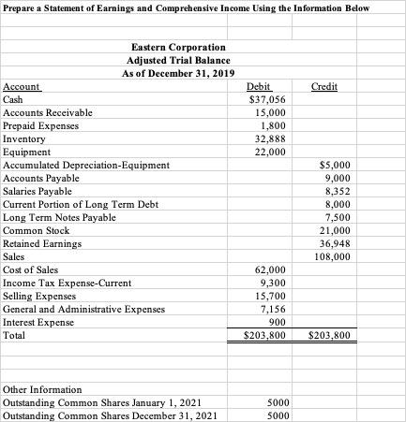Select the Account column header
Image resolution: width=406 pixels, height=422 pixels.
click(x=23, y=86)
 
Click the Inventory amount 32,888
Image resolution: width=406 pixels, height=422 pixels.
click(x=263, y=138)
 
